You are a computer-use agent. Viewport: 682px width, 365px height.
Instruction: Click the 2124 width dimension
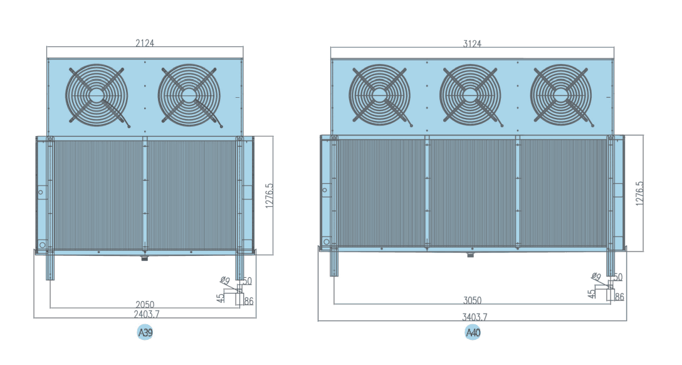pyautogui.click(x=145, y=43)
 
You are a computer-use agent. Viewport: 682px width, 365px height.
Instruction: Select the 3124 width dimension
pyautogui.click(x=472, y=43)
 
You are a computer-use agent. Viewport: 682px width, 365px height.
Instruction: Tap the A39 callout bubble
pyautogui.click(x=145, y=332)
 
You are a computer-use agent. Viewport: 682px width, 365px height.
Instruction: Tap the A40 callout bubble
pyautogui.click(x=473, y=332)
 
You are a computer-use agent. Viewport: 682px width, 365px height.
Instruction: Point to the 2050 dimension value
pyautogui.click(x=145, y=304)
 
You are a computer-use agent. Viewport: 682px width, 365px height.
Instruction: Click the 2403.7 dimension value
pyautogui.click(x=145, y=313)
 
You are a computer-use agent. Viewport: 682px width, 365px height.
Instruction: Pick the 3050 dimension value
pyautogui.click(x=472, y=300)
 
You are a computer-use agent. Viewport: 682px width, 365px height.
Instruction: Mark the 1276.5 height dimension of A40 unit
pyautogui.click(x=639, y=194)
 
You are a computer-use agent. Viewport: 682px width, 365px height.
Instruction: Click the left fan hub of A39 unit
pyautogui.click(x=97, y=95)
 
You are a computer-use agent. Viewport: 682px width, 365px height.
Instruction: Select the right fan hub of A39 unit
pyautogui.click(x=189, y=95)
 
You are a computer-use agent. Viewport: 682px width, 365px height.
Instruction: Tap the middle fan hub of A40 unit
pyautogui.click(x=470, y=95)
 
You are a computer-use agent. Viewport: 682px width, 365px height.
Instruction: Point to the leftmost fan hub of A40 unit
pyautogui.click(x=379, y=95)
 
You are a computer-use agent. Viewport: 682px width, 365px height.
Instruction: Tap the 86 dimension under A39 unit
pyautogui.click(x=248, y=302)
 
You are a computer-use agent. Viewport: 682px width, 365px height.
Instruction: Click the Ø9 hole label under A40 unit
pyautogui.click(x=596, y=277)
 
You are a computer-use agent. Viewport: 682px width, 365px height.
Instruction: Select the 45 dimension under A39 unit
pyautogui.click(x=221, y=297)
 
